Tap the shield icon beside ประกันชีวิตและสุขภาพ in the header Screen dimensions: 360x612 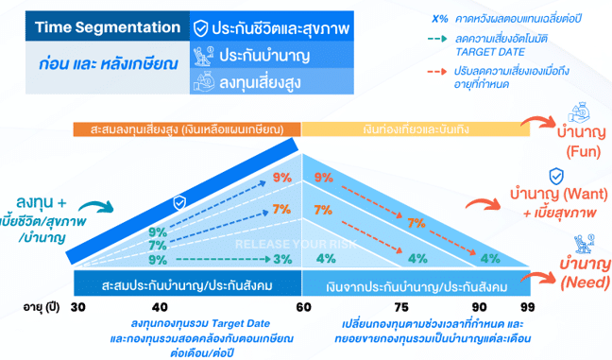(x=200, y=28)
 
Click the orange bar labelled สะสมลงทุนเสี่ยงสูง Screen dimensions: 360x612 (x=188, y=129)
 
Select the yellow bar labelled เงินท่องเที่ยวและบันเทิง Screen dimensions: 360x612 (x=416, y=129)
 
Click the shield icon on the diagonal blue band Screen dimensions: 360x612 (x=179, y=202)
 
